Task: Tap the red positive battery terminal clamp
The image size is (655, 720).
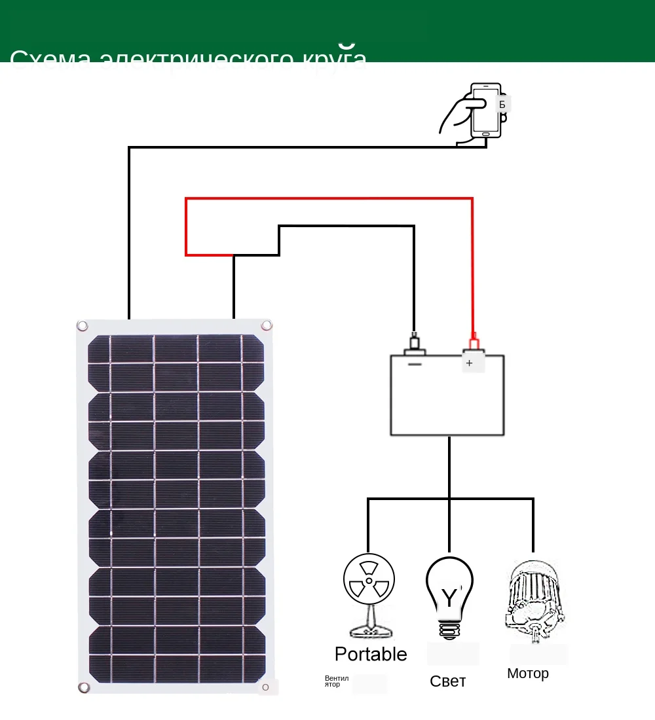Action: (x=473, y=344)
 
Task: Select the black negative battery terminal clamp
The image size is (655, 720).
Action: (x=414, y=344)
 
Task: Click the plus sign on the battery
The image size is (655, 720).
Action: (x=469, y=363)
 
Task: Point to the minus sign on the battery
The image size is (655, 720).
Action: (x=414, y=364)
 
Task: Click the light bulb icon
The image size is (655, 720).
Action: (x=449, y=592)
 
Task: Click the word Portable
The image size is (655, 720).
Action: (x=371, y=654)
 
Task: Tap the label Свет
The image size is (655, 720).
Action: (x=448, y=681)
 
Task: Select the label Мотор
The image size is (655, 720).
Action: (x=528, y=674)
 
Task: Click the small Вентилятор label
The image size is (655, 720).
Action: (x=337, y=681)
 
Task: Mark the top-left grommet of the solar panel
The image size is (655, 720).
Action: (x=83, y=325)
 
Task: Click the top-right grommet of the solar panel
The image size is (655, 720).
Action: (x=267, y=325)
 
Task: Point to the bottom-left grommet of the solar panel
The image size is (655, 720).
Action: (x=84, y=687)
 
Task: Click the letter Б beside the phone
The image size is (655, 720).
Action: (x=502, y=104)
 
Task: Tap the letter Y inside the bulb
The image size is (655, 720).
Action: (x=449, y=598)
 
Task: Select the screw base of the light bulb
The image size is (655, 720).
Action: (x=449, y=630)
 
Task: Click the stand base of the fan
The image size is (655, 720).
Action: (x=371, y=632)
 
